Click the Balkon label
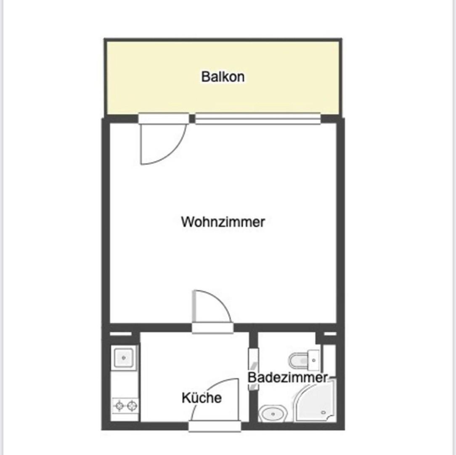pyautogui.click(x=223, y=77)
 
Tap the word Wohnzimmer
pyautogui.click(x=223, y=222)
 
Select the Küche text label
pyautogui.click(x=201, y=398)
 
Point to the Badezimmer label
pyautogui.click(x=288, y=377)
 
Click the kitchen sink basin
pyautogui.click(x=124, y=358)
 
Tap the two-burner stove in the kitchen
pyautogui.click(x=126, y=405)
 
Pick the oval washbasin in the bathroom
pyautogui.click(x=273, y=413)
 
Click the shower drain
pyautogui.click(x=323, y=412)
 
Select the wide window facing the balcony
pyautogui.click(x=258, y=119)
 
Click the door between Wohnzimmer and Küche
pyautogui.click(x=212, y=328)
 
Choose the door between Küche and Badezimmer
pyautogui.click(x=253, y=369)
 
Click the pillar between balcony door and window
pyautogui.click(x=192, y=118)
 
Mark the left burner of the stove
pyautogui.click(x=119, y=405)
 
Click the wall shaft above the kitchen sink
pyautogui.click(x=121, y=334)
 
